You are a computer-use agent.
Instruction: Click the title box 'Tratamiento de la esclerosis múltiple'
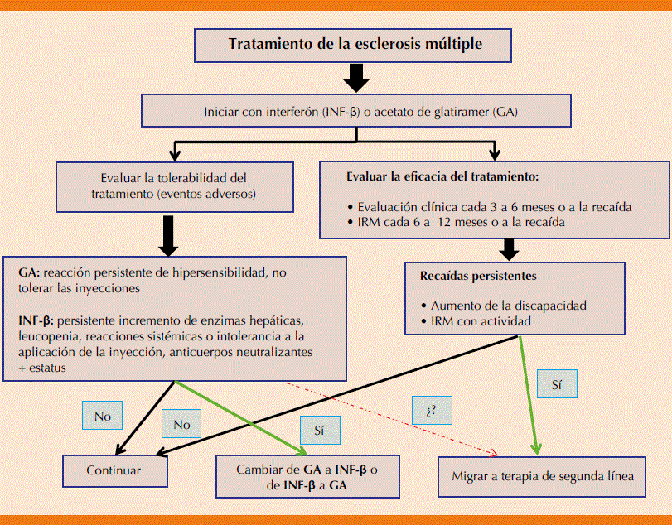pos(354,45)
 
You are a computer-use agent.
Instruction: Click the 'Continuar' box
pos(114,470)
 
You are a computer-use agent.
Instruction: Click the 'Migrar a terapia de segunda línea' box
pos(543,476)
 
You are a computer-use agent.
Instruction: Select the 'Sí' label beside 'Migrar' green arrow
pos(556,385)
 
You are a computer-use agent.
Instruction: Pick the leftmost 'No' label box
pos(102,417)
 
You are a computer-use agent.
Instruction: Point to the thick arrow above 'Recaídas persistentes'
pos(510,247)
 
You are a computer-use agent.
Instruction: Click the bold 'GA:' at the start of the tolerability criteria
pos(30,272)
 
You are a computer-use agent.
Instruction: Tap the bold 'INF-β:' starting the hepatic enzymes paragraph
pos(36,320)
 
